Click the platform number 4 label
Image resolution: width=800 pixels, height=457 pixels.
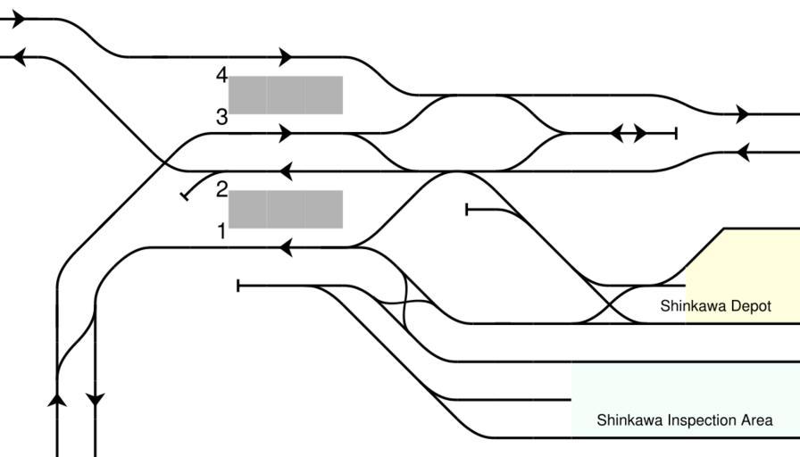point(221,76)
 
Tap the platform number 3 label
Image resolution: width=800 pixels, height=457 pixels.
point(221,117)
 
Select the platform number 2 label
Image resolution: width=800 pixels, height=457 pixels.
point(221,189)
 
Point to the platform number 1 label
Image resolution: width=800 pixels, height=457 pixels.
point(221,232)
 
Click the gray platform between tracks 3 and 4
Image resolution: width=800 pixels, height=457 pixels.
point(286,96)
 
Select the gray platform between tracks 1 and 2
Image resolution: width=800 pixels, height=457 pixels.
point(286,209)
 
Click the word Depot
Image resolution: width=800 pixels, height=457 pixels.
point(747,306)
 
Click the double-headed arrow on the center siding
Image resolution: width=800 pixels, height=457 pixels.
point(629,134)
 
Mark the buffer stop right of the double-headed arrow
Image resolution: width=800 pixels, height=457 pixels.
point(676,134)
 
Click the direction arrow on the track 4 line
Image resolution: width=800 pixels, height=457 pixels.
point(286,57)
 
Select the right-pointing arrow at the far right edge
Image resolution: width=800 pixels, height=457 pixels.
point(743,114)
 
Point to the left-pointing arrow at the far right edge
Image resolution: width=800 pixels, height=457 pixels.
point(742,152)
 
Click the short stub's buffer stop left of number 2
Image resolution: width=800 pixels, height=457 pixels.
point(185,195)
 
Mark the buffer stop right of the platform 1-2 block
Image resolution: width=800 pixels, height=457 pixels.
point(468,210)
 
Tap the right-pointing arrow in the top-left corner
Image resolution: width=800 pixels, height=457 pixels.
point(19,20)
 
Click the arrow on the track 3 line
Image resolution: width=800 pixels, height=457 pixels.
point(286,134)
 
